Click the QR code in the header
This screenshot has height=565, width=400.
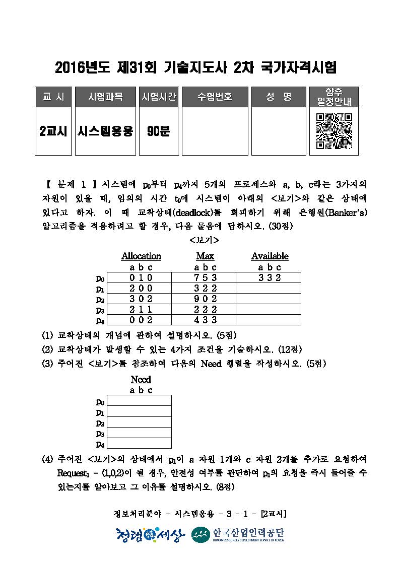coord(334,131)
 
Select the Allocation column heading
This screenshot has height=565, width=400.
coord(141,256)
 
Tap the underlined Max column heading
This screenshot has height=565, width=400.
coord(206,256)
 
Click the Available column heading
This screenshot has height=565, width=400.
coord(270,256)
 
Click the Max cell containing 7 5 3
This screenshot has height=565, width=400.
coord(205,277)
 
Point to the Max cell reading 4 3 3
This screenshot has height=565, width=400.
coord(205,320)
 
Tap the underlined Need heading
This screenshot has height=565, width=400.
coord(141,379)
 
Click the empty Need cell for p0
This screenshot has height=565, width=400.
coord(140,401)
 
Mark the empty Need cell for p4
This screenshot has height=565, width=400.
coord(140,444)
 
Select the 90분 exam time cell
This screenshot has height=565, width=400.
coord(159,131)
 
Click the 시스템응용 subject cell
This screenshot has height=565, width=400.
coord(105,131)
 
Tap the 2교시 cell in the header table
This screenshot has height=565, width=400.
coord(53,131)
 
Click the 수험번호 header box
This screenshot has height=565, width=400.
coord(215,97)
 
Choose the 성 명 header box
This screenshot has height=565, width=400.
coord(279,97)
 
